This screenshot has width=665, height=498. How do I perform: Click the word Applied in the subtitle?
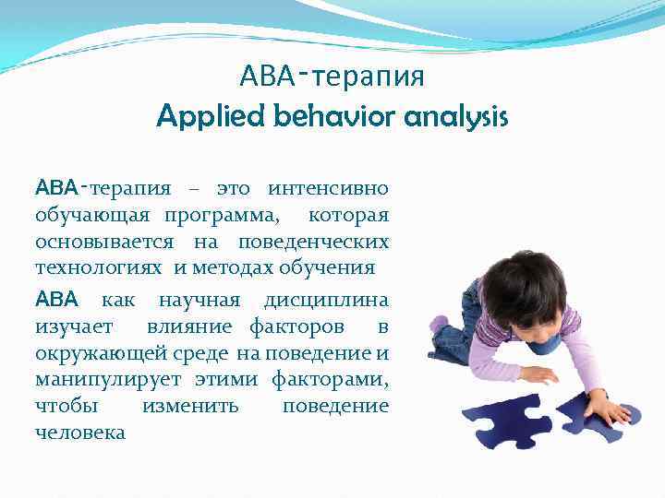[203, 117]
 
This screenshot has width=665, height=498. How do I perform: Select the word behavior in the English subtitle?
[316, 117]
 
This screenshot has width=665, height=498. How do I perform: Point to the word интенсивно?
[328, 189]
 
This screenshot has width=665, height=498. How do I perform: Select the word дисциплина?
[326, 301]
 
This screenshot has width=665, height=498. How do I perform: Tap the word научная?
[199, 301]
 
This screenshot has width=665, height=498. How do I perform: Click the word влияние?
[193, 326]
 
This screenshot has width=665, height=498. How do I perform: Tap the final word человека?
[79, 433]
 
